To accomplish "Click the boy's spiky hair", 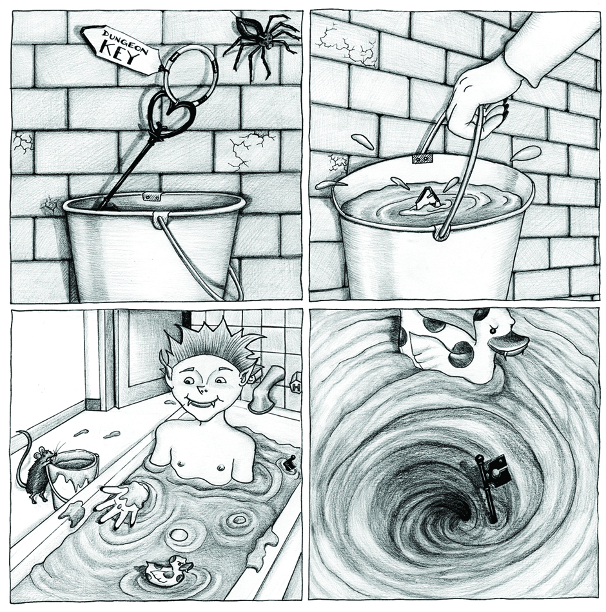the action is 213,344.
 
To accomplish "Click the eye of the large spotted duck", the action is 494,330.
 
